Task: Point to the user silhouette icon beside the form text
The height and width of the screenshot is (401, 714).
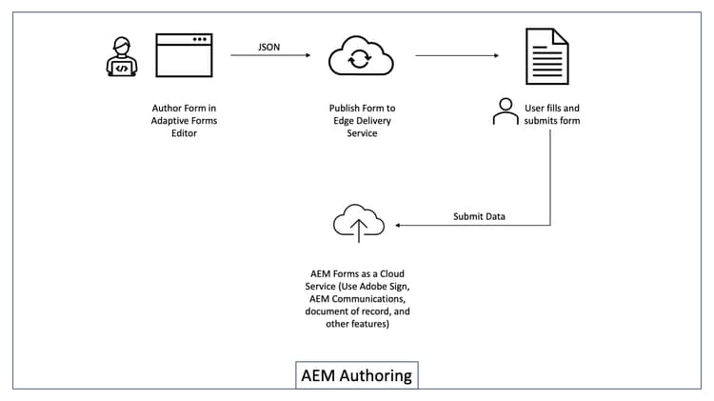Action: pos(506,112)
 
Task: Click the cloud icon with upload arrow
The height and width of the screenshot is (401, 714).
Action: pos(358,225)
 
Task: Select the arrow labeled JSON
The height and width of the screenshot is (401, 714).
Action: pos(270,55)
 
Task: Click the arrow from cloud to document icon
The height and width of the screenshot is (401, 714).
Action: pos(458,55)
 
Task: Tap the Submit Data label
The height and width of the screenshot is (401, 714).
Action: pos(479,216)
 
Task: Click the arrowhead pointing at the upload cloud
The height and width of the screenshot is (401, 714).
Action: pos(399,226)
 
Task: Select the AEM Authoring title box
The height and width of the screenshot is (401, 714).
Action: pos(356,375)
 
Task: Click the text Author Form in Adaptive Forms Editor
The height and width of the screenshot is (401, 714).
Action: pos(182,120)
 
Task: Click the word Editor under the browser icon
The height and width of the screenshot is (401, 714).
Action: pos(182,132)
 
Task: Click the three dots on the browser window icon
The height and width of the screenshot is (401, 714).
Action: pos(199,39)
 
